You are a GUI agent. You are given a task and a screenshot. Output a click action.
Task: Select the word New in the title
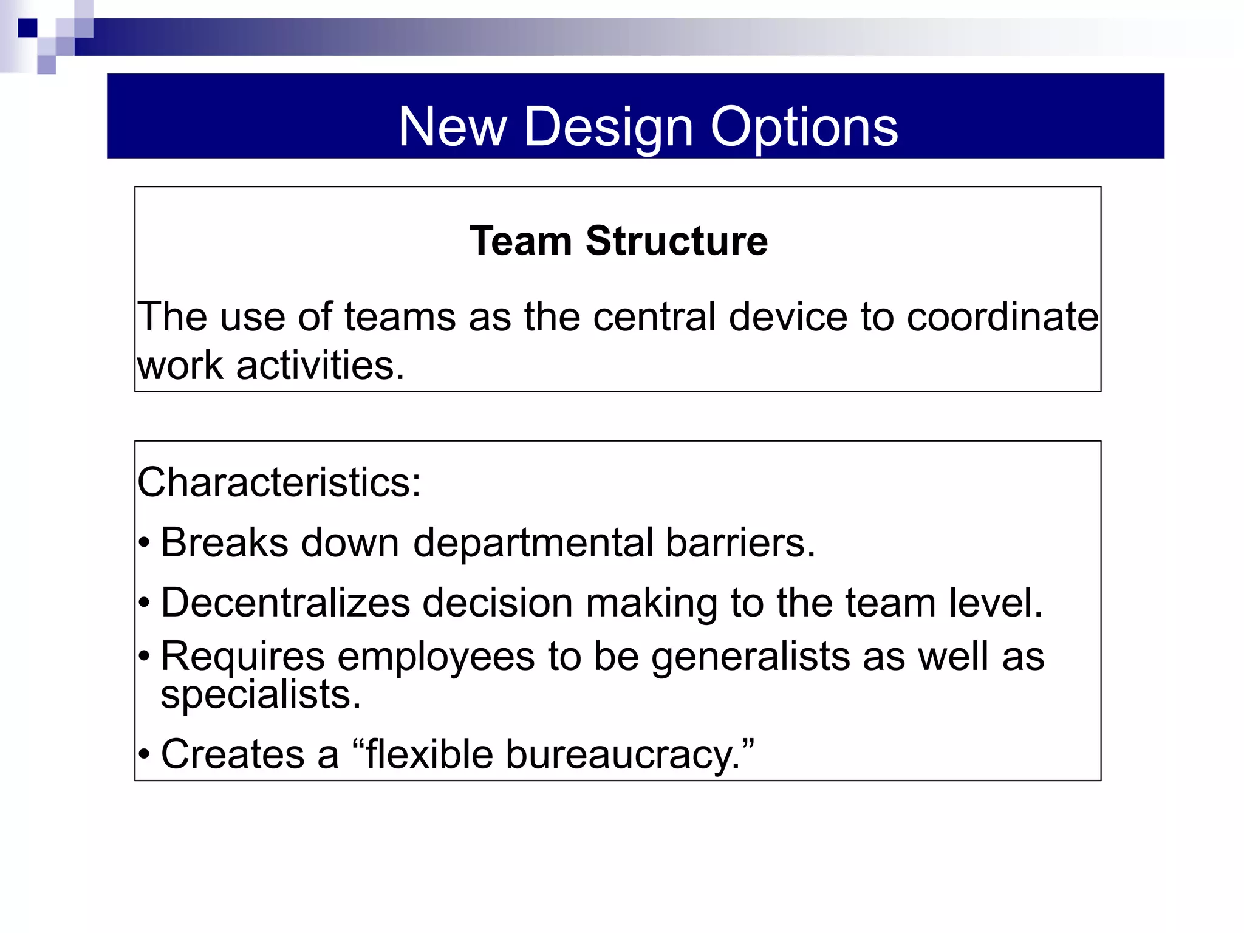tap(452, 127)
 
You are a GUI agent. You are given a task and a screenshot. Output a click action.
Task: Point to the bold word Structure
tap(677, 241)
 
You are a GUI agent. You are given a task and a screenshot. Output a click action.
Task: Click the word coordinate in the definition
tap(1002, 317)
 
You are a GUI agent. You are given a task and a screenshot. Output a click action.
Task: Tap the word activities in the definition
tap(320, 366)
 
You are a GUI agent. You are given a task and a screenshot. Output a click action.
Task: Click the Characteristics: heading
tap(279, 482)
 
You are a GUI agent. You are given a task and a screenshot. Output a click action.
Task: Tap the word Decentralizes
tap(285, 603)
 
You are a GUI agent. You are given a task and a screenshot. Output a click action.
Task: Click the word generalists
tap(750, 657)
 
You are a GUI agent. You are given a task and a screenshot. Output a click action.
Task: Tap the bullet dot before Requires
tap(144, 657)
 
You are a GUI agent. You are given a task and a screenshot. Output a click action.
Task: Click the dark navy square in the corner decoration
tap(28, 28)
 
